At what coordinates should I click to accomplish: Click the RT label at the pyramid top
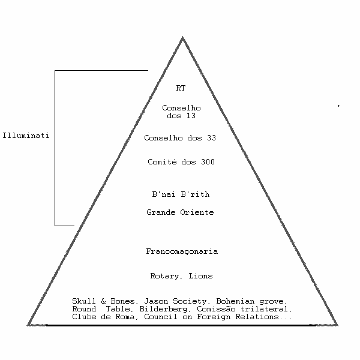pos(181,88)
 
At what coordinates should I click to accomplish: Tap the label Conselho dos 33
pos(180,138)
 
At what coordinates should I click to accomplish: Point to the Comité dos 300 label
pos(181,162)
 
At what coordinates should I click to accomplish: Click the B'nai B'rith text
pos(181,194)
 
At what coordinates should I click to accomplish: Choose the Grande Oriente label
pos(180,212)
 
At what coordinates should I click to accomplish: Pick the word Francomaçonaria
pos(181,251)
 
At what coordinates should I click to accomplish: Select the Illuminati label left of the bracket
pos(26,136)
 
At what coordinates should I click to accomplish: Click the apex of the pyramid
pos(182,38)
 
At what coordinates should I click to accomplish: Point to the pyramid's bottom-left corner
pos(29,324)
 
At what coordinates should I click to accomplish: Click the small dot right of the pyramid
pos(338,106)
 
